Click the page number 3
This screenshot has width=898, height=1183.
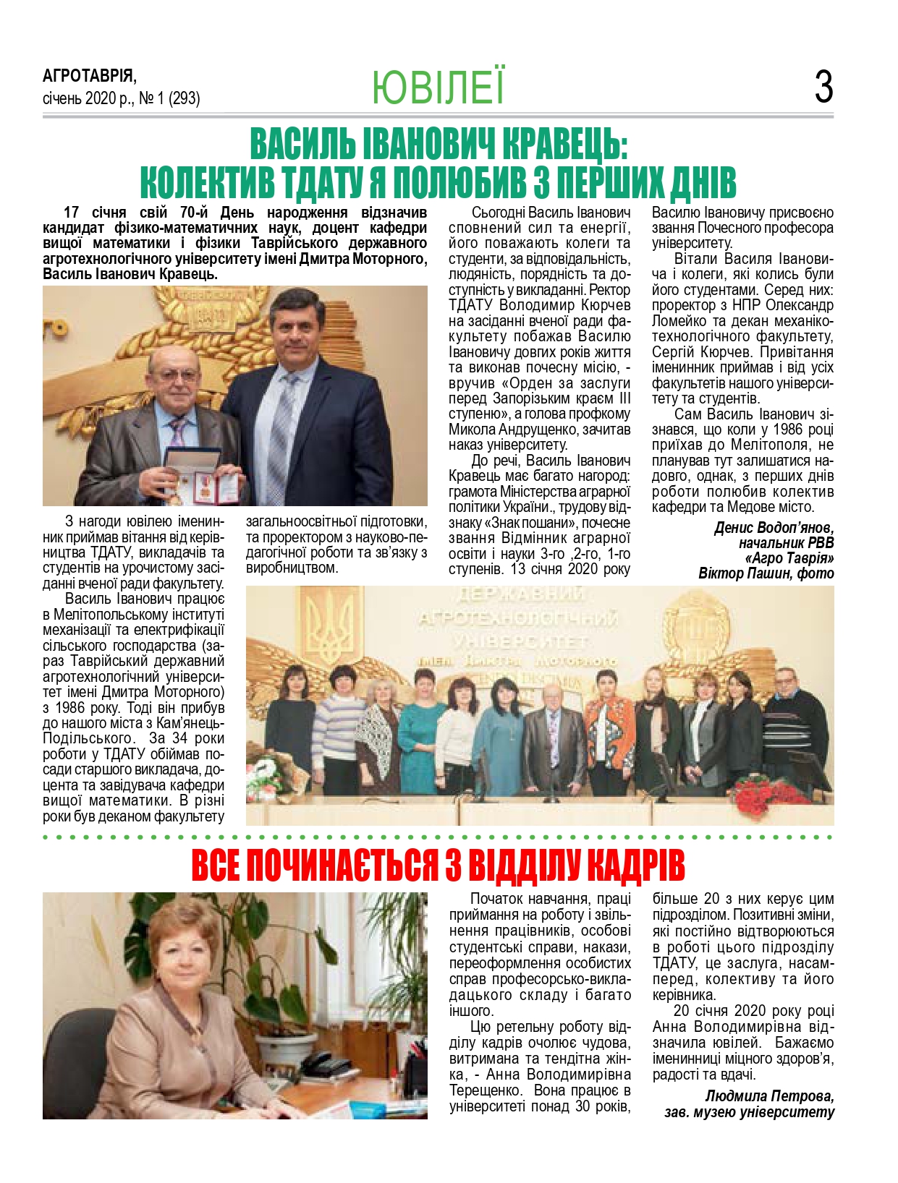(x=823, y=87)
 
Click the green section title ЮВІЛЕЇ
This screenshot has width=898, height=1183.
(x=438, y=87)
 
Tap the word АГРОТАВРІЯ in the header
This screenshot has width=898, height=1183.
(x=89, y=76)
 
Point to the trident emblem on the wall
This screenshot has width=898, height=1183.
(x=331, y=622)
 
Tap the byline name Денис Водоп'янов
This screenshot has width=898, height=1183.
(x=774, y=527)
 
